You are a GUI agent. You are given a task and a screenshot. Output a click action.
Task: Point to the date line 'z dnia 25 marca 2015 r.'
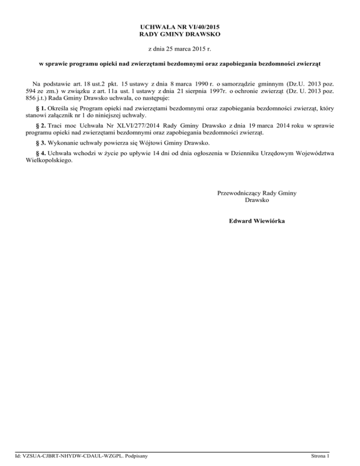pos(180,48)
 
